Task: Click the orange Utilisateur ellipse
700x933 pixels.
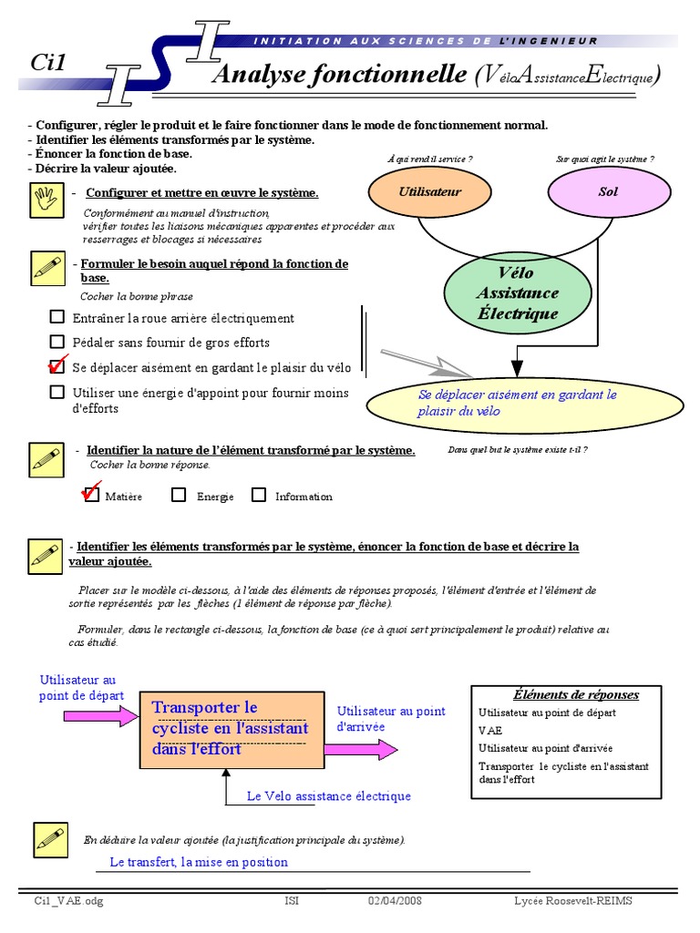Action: pyautogui.click(x=430, y=192)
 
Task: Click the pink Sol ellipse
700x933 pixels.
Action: pyautogui.click(x=608, y=192)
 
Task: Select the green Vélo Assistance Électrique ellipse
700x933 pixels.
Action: pyautogui.click(x=517, y=293)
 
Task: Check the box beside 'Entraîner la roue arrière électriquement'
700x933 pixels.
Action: pyautogui.click(x=57, y=317)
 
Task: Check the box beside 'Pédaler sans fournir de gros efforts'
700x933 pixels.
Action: pyautogui.click(x=57, y=342)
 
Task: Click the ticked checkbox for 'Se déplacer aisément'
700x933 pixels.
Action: pyautogui.click(x=57, y=366)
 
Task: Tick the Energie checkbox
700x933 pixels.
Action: pyautogui.click(x=179, y=495)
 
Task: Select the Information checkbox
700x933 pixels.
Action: pyautogui.click(x=259, y=495)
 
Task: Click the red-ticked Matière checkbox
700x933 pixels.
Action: pyautogui.click(x=90, y=495)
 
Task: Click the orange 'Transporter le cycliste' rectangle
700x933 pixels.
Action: pyautogui.click(x=232, y=729)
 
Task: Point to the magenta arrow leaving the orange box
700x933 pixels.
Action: pyautogui.click(x=361, y=749)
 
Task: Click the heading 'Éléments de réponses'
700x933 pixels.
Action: pyautogui.click(x=576, y=694)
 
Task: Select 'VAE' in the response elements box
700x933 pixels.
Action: pyautogui.click(x=489, y=731)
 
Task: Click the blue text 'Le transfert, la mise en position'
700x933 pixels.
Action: pyautogui.click(x=199, y=862)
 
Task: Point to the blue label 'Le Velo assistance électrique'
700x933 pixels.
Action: pyautogui.click(x=329, y=796)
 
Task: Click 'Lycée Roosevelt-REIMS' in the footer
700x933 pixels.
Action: pyautogui.click(x=572, y=901)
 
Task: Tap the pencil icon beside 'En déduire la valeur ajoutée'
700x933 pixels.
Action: pyautogui.click(x=50, y=839)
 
